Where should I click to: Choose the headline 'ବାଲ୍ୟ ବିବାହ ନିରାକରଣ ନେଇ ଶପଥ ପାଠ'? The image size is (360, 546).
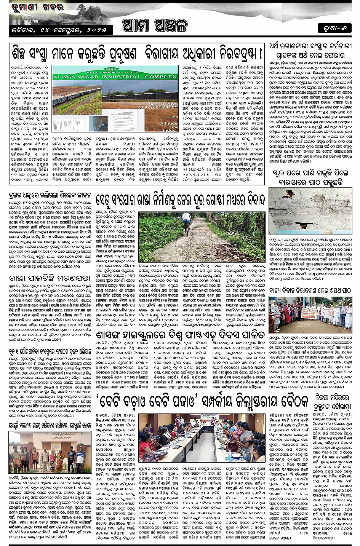tap(310, 290)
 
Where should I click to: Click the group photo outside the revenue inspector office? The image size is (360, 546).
tap(50, 452)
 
